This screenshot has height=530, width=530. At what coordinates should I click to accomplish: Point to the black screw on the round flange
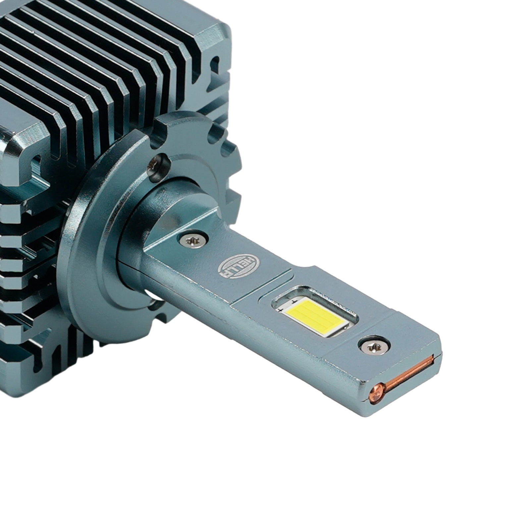tap(158, 168)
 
